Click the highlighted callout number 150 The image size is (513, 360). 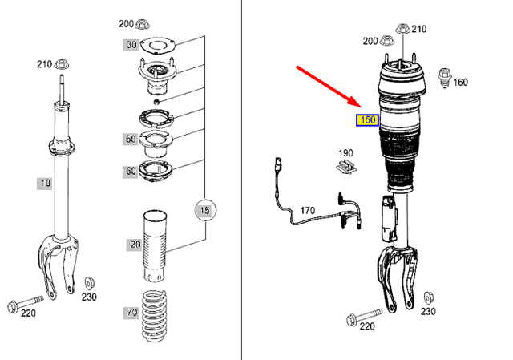(x=367, y=120)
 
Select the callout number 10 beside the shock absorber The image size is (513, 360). (x=44, y=184)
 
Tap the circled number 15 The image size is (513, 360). (x=204, y=211)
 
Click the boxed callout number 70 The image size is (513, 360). (x=130, y=312)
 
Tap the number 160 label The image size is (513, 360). (x=460, y=82)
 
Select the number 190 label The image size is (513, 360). (x=345, y=152)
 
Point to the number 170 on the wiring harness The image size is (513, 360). (x=308, y=211)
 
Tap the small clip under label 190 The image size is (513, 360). (x=345, y=168)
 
